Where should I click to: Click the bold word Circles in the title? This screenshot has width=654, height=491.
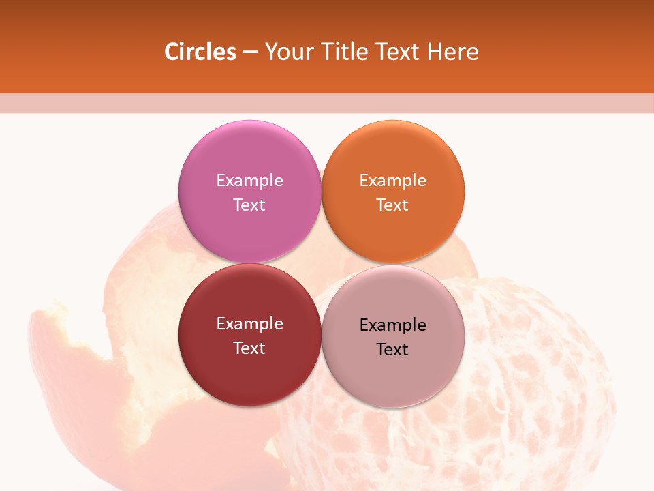(x=200, y=52)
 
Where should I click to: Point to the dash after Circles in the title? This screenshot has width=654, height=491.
(x=250, y=53)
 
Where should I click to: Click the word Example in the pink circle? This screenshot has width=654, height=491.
(x=249, y=180)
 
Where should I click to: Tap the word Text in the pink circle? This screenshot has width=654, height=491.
(x=249, y=205)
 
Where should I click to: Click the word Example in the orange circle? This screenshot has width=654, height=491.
(x=392, y=180)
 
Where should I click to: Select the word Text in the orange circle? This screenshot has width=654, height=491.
(x=392, y=205)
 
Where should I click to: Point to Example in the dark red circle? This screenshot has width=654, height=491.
(x=249, y=324)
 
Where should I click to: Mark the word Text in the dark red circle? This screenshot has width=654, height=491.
(x=249, y=348)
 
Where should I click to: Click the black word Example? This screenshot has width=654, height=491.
(x=392, y=325)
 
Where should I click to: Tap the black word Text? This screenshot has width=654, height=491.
(x=392, y=350)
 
